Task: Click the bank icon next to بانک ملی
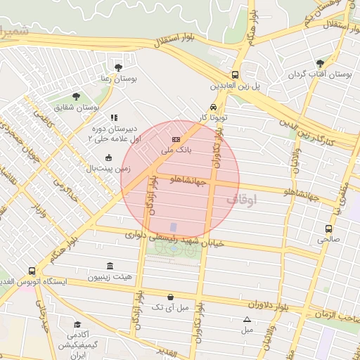[x=176, y=140]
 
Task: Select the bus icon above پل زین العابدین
[x=235, y=75]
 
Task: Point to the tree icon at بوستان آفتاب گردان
[x=321, y=63]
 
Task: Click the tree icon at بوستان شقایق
[x=76, y=97]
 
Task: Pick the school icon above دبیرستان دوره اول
[x=114, y=118]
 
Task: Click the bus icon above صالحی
[x=328, y=229]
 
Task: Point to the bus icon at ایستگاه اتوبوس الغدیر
[x=31, y=271]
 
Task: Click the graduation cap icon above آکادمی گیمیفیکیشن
[x=77, y=325]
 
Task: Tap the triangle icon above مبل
[x=247, y=319]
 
